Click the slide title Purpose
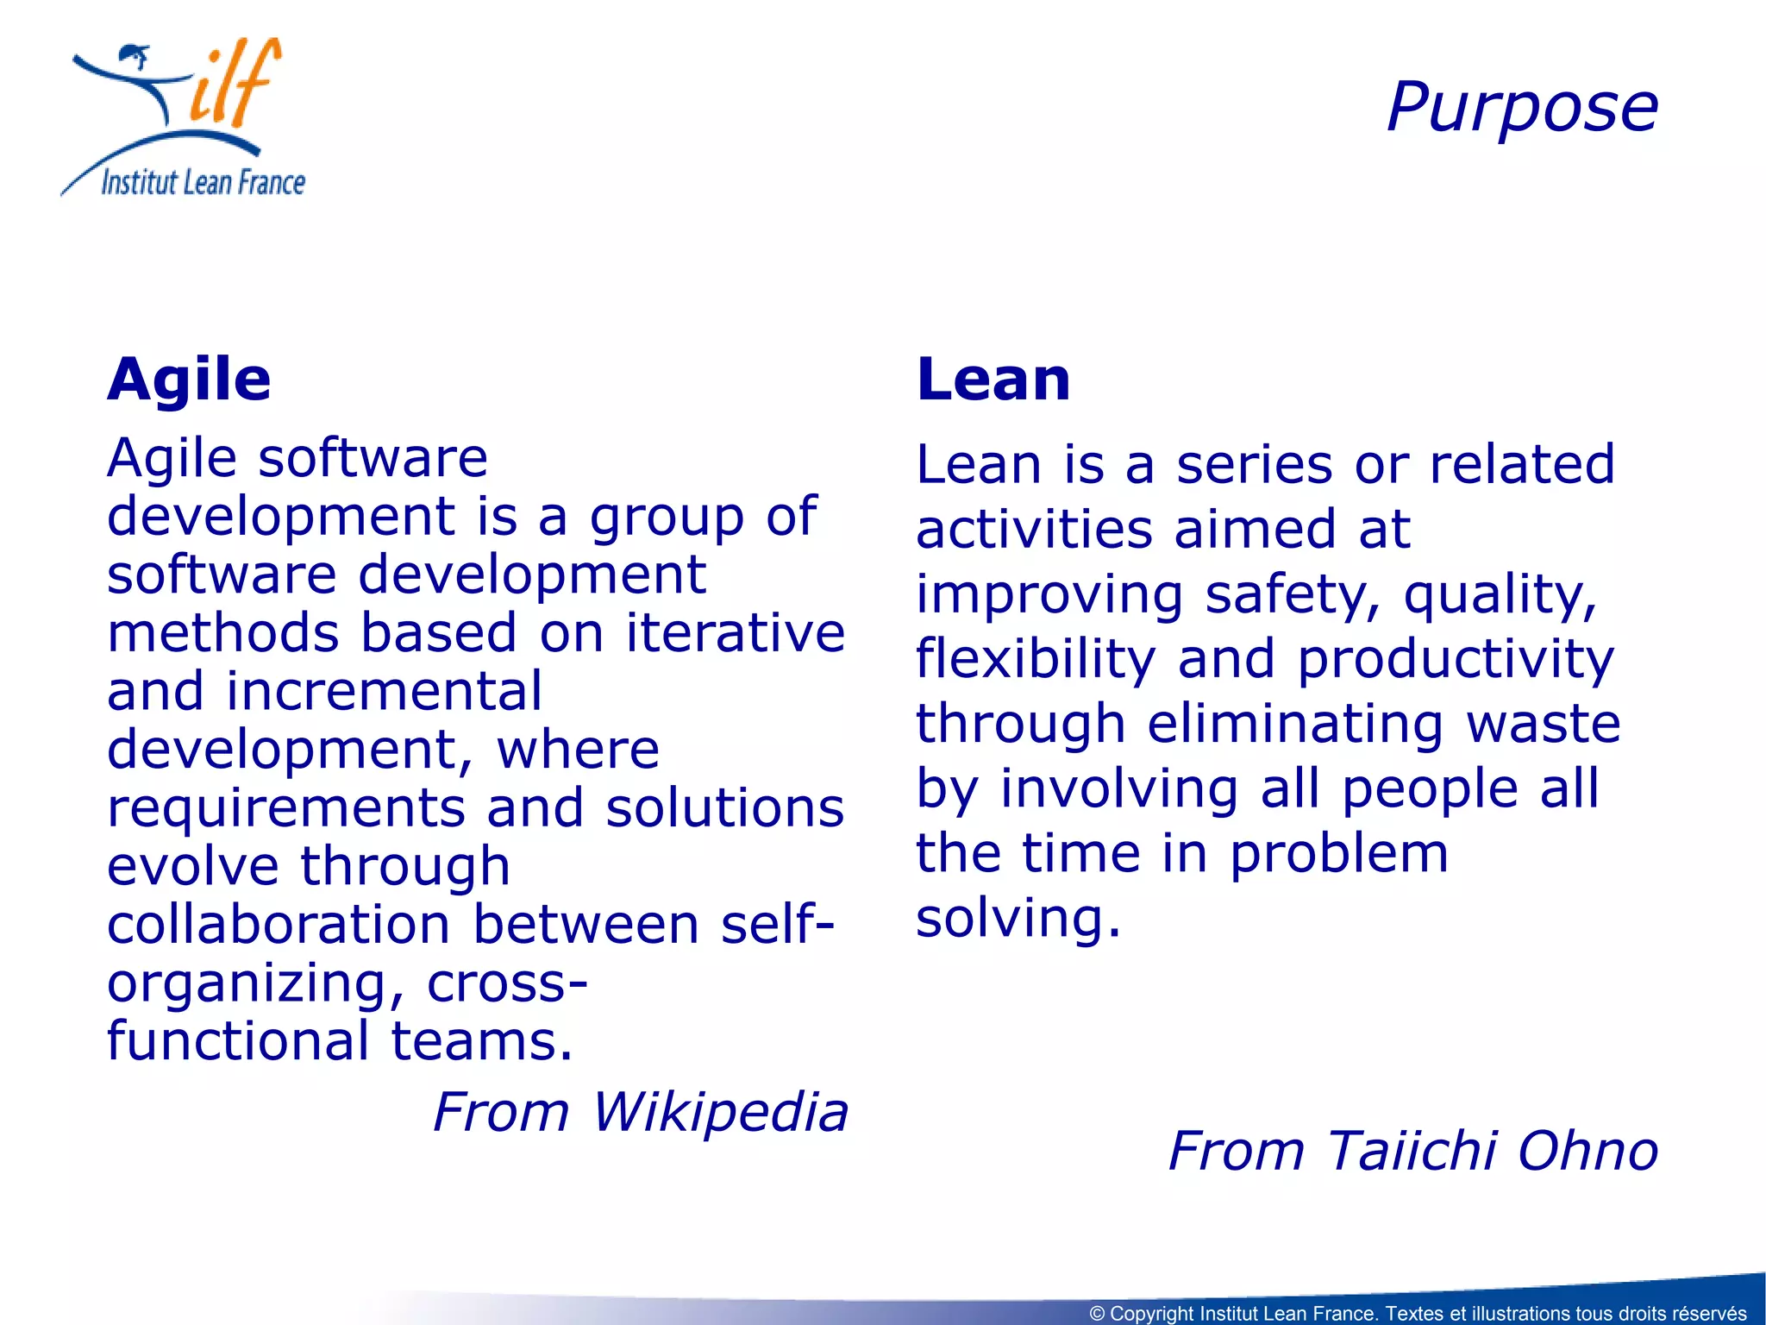tap(1522, 109)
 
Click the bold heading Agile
tap(189, 380)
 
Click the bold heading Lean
tap(993, 380)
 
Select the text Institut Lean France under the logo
tap(204, 183)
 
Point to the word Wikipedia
tap(721, 1113)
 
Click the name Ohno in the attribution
tap(1588, 1152)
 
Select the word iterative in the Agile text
tap(736, 633)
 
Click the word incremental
tap(384, 692)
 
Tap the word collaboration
tap(279, 925)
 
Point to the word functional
tap(238, 1041)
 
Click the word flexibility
tap(1036, 661)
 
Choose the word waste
tap(1544, 724)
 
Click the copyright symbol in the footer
tap(1097, 1314)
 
